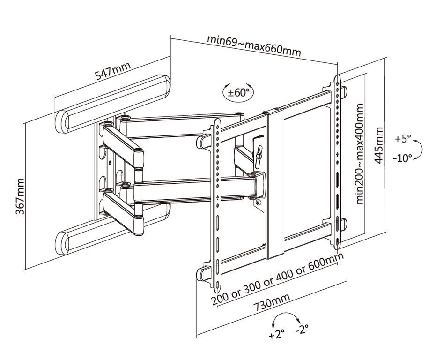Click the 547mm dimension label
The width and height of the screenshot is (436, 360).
pos(113,73)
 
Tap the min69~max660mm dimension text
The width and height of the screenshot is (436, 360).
pos(254,45)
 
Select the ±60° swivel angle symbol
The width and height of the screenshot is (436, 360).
pos(239,92)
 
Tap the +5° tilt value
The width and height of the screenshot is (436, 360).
pos(402,139)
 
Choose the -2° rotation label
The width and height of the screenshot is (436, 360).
pos(302,330)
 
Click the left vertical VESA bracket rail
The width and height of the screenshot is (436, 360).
pos(218,202)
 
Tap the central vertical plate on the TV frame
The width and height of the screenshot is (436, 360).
pos(275,183)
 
